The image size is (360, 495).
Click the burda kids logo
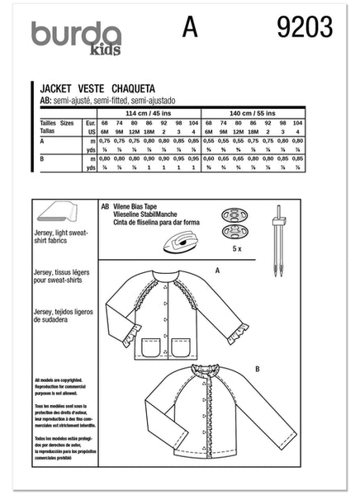[x=76, y=37]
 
